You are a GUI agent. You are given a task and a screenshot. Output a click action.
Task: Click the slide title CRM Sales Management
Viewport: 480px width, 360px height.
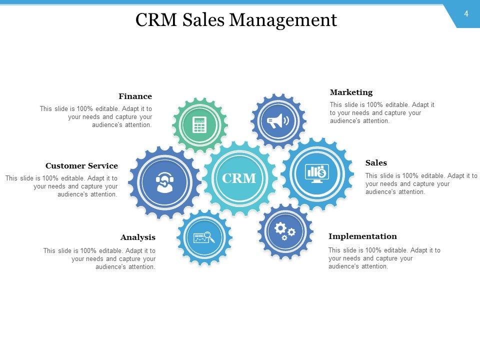click(x=236, y=20)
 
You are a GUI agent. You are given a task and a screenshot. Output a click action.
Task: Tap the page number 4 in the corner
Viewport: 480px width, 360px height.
click(x=466, y=14)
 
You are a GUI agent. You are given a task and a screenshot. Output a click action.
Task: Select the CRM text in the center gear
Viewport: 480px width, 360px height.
click(x=239, y=178)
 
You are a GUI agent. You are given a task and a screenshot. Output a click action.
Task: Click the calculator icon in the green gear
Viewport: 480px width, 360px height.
click(x=199, y=124)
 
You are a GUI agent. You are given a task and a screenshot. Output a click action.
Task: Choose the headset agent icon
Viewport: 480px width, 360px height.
click(x=164, y=182)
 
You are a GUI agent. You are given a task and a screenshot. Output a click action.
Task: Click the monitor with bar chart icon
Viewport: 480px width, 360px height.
click(x=317, y=173)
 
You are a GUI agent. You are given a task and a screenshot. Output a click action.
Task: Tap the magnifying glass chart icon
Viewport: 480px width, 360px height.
click(x=204, y=237)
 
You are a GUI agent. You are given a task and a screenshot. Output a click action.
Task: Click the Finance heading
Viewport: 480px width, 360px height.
click(x=135, y=96)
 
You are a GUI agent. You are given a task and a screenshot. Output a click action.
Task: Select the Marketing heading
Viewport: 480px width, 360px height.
click(x=351, y=92)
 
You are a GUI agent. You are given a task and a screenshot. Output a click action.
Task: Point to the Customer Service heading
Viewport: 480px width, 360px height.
click(x=81, y=166)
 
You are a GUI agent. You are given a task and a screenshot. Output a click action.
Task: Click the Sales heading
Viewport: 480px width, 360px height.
click(x=376, y=163)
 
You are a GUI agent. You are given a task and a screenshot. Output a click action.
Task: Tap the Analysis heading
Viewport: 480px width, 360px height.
click(x=137, y=237)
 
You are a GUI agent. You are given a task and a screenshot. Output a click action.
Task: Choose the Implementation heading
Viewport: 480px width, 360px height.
click(x=362, y=236)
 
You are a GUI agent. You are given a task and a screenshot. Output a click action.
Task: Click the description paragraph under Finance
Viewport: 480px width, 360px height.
click(x=96, y=117)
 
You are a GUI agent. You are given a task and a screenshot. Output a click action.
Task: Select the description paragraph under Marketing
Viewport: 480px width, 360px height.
click(x=382, y=113)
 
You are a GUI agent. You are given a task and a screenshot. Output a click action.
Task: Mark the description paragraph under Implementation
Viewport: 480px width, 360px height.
click(x=384, y=258)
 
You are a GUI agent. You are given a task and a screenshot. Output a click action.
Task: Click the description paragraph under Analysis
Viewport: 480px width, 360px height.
click(x=99, y=259)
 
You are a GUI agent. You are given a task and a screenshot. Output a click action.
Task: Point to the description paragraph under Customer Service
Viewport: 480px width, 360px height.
click(x=62, y=186)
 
